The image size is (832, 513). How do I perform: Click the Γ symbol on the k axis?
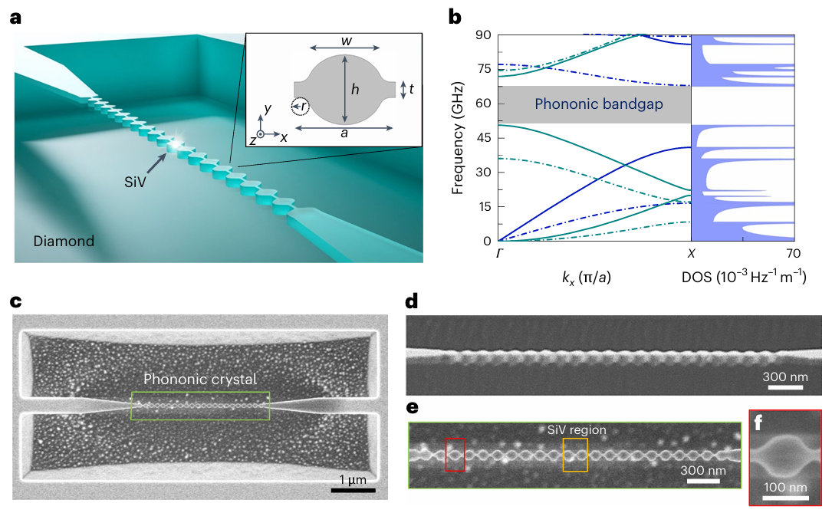tap(498, 254)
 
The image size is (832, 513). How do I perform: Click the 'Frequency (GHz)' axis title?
tap(458, 138)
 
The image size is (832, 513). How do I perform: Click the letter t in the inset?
tap(412, 89)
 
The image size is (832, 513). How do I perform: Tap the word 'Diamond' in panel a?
tap(64, 241)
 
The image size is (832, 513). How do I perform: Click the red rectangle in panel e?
tap(455, 454)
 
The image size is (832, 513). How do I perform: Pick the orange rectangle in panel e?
tap(575, 454)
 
